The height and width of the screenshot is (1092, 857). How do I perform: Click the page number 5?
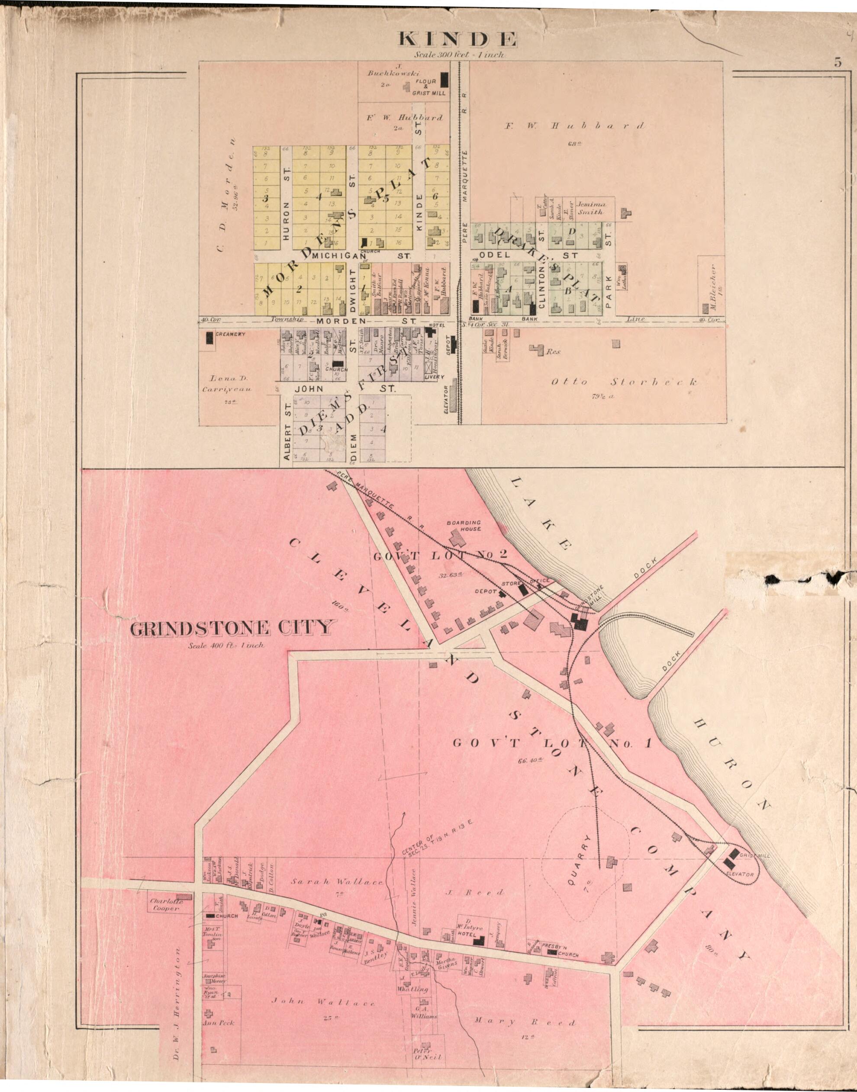click(x=838, y=63)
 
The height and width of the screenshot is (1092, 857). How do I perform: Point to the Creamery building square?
click(x=209, y=339)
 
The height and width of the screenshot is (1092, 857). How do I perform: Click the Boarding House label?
click(x=464, y=526)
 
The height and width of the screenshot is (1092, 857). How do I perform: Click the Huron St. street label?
click(x=287, y=221)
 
